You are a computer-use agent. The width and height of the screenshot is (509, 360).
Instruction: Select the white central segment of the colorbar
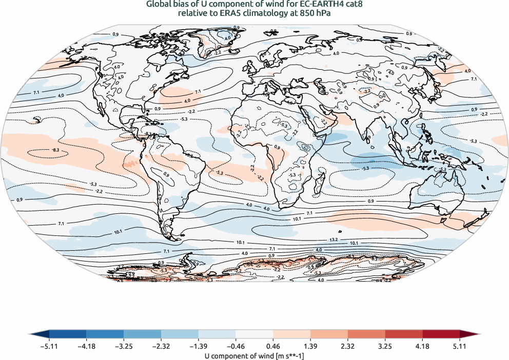coord(254,335)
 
